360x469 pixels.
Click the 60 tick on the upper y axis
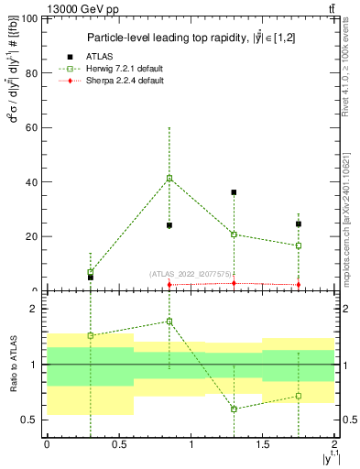click(32, 127)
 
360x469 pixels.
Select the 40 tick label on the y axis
click(32, 181)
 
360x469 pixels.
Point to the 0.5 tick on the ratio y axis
click(34, 420)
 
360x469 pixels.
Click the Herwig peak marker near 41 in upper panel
click(169, 179)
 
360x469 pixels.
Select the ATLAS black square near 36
click(234, 192)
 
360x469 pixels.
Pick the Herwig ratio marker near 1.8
click(169, 322)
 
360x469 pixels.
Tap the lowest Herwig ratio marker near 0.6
click(234, 409)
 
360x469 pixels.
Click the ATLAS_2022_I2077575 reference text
click(191, 273)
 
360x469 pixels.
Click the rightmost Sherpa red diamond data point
click(298, 285)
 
